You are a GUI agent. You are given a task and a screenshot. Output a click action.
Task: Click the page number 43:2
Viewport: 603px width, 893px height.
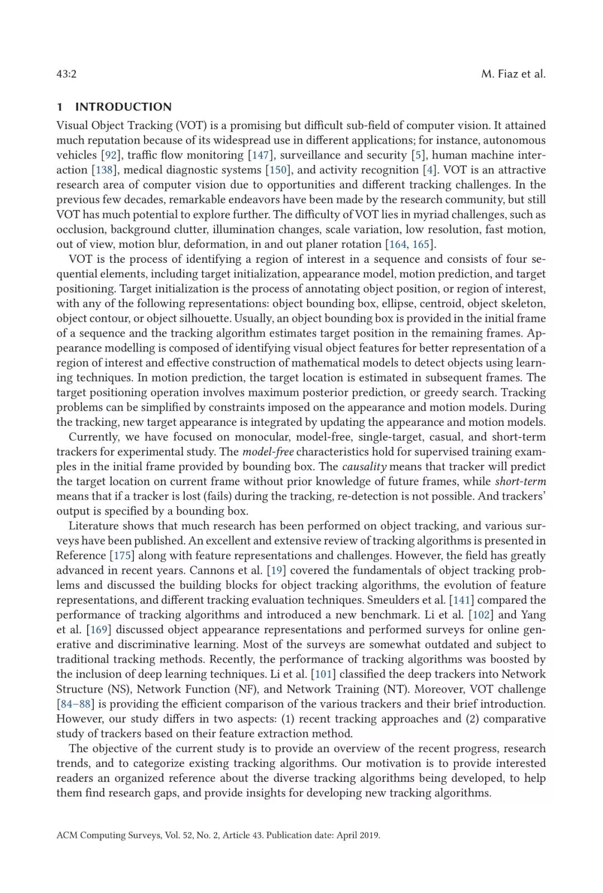66,74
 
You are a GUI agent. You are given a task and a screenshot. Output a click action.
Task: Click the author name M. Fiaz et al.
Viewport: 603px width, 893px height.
513,74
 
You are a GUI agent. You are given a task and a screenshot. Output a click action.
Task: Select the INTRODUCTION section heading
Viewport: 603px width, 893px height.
123,107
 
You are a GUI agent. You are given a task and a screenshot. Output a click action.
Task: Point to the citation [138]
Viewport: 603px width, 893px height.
104,170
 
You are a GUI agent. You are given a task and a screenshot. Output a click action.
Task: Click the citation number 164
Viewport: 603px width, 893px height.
398,244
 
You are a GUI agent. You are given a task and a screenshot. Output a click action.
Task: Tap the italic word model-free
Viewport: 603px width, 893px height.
268,452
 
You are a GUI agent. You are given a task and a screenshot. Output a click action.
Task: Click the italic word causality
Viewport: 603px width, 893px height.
364,467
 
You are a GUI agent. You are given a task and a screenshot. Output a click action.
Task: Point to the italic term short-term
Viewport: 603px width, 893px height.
520,481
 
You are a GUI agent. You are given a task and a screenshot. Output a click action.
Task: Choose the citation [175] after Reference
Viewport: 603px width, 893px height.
122,555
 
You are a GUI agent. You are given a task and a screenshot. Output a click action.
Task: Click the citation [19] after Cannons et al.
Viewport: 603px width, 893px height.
276,570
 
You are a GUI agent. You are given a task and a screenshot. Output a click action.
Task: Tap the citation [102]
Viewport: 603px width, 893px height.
481,614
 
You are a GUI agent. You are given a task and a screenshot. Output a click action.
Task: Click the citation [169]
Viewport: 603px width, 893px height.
99,630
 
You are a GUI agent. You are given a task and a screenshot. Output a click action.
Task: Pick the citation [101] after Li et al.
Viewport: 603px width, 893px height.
323,674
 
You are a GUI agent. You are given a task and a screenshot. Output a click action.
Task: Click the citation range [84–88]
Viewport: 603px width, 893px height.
75,704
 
